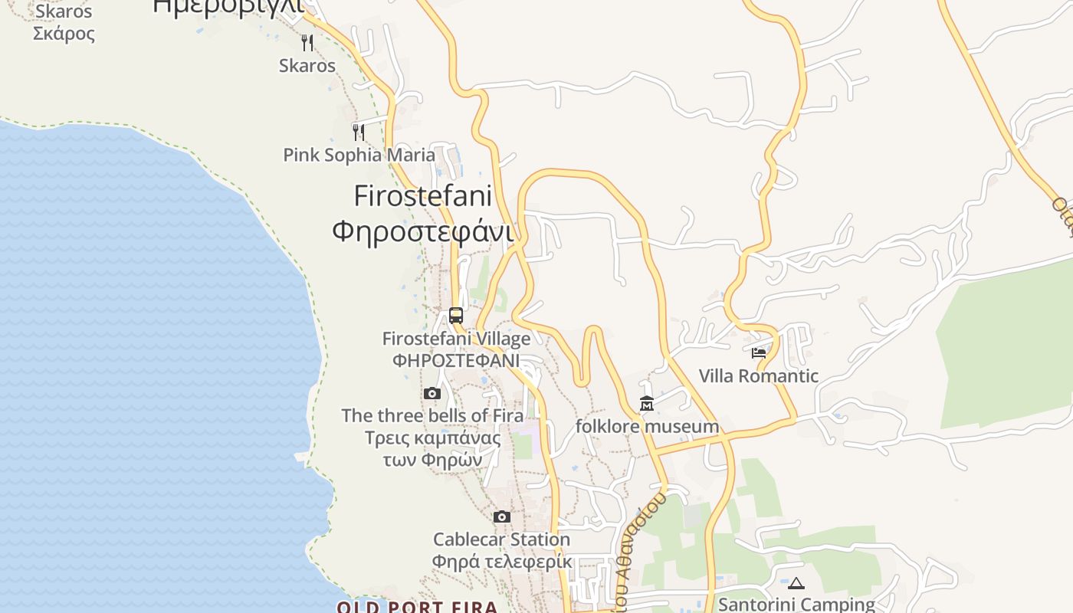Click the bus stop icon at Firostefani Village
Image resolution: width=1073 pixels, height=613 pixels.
(x=456, y=315)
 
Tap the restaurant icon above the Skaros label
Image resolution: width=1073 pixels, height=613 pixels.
(x=307, y=42)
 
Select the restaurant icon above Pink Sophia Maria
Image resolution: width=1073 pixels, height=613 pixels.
(x=358, y=132)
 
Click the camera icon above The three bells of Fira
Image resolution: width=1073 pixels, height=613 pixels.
(x=432, y=393)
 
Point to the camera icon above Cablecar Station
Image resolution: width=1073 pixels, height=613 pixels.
(x=502, y=516)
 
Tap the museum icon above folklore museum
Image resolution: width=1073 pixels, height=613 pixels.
(x=647, y=403)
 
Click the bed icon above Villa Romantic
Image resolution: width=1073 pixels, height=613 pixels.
(x=759, y=353)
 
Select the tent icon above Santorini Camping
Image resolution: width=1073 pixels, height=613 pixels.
(x=796, y=583)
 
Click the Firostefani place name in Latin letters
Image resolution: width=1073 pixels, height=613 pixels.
(x=422, y=196)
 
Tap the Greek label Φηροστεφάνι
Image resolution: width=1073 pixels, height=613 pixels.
(x=422, y=230)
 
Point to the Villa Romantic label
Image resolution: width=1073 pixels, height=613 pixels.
(x=759, y=376)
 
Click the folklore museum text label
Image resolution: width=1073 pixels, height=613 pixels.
(x=647, y=426)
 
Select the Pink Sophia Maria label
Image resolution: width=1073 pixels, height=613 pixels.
(x=359, y=155)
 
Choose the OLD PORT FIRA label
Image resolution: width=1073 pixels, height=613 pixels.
(x=418, y=607)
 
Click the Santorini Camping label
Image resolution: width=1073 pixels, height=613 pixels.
(x=796, y=604)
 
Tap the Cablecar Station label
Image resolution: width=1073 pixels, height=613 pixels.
(x=501, y=539)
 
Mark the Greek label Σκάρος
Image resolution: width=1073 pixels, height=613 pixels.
(x=64, y=34)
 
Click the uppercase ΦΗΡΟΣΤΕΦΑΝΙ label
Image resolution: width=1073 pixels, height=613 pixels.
(x=456, y=360)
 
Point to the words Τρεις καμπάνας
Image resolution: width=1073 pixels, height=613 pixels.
(x=432, y=438)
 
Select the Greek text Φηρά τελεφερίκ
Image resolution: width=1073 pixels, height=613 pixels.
(x=501, y=562)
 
